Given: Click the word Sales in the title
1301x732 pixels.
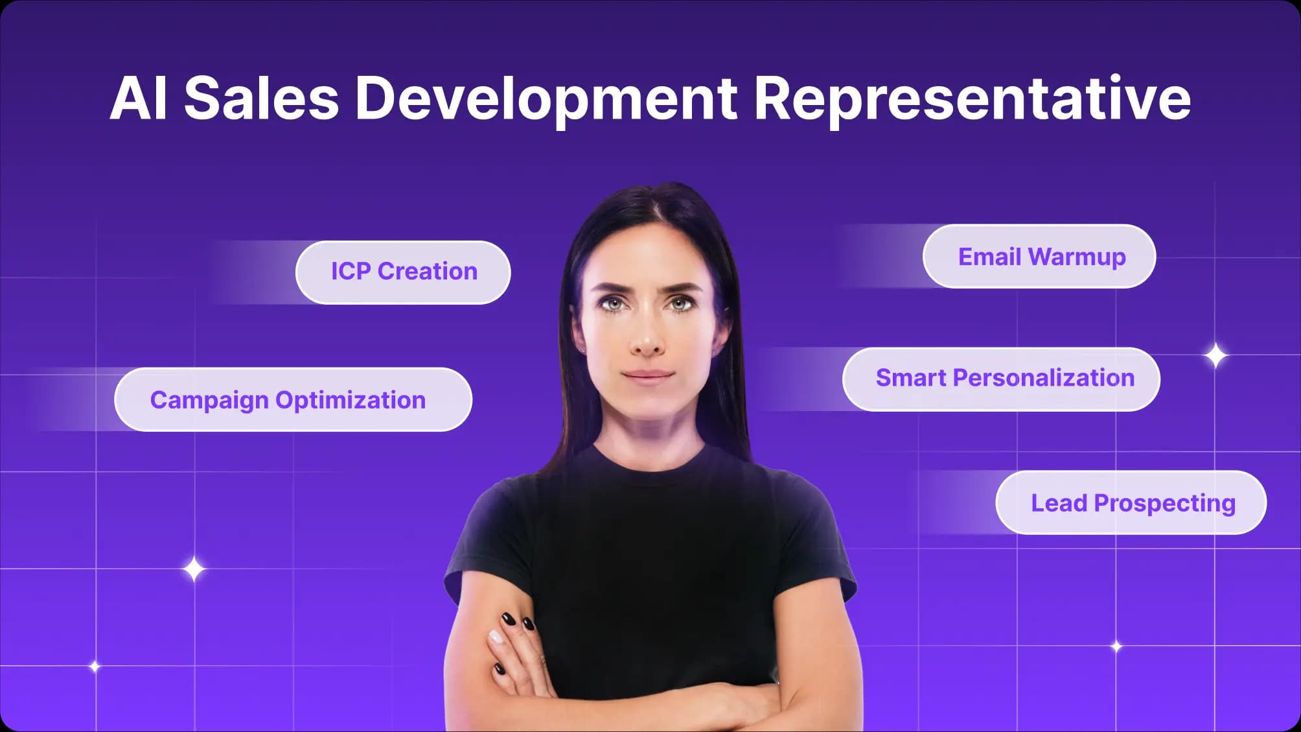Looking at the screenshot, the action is [x=261, y=98].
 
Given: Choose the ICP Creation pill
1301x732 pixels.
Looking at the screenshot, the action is [x=403, y=272].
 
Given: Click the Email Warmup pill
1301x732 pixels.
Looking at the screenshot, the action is [x=1039, y=256].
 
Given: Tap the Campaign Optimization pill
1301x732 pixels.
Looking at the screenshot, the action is [x=293, y=399].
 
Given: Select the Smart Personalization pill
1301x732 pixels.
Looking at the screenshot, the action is [x=1001, y=379].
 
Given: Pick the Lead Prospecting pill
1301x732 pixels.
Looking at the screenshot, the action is [x=1131, y=502].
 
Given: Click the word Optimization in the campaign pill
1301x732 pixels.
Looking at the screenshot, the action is [x=351, y=401].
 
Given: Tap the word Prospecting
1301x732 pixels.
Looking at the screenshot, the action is [x=1164, y=504].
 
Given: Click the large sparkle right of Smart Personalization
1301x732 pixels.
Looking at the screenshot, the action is [x=1215, y=356].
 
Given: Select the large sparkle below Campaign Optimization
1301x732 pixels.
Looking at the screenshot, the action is [x=193, y=569].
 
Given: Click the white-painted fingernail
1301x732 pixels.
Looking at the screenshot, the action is [x=496, y=637].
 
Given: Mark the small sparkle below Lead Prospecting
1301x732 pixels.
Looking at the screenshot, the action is [x=1116, y=646].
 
